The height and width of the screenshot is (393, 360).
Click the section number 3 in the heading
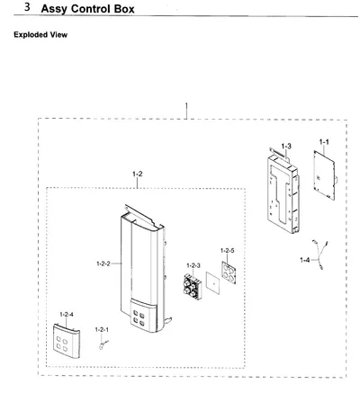pos(27,7)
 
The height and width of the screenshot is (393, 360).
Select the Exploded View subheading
pos(40,34)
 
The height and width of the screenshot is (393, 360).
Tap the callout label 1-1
pos(324,142)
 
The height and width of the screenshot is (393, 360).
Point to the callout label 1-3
pos(286,146)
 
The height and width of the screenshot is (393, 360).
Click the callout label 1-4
pos(305,260)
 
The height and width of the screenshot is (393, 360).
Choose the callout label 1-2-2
pos(103,263)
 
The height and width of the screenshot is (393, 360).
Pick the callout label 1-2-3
pos(193,265)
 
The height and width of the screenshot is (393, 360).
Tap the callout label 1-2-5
pos(227,250)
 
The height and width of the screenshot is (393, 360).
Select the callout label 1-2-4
pos(67,314)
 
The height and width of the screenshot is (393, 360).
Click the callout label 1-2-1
pos(102,330)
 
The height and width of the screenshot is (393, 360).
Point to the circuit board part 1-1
pos(325,175)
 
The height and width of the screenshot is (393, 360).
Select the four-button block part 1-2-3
pos(193,286)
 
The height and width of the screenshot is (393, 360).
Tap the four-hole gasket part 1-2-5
pos(229,272)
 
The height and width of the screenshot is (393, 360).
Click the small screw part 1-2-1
pos(103,344)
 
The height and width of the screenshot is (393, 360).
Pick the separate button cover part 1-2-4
pos(67,341)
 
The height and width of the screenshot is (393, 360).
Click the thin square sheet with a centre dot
pos(212,283)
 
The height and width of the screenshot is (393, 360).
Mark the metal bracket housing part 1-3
pos(283,191)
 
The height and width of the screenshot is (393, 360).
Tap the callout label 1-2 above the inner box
pos(138,174)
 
